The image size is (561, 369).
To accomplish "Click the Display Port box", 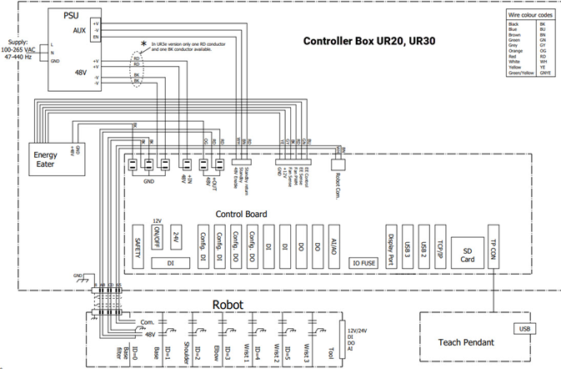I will tap(389, 245).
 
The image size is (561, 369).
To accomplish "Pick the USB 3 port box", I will tap(406, 245).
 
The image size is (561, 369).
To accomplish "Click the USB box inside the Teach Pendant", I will tap(524, 328).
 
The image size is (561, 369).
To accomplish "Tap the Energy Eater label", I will tap(45, 159).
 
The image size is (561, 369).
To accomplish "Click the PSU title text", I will tap(73, 16).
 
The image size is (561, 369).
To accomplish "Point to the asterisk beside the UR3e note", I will tap(143, 44).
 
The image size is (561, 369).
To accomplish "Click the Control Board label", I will tap(242, 214).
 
